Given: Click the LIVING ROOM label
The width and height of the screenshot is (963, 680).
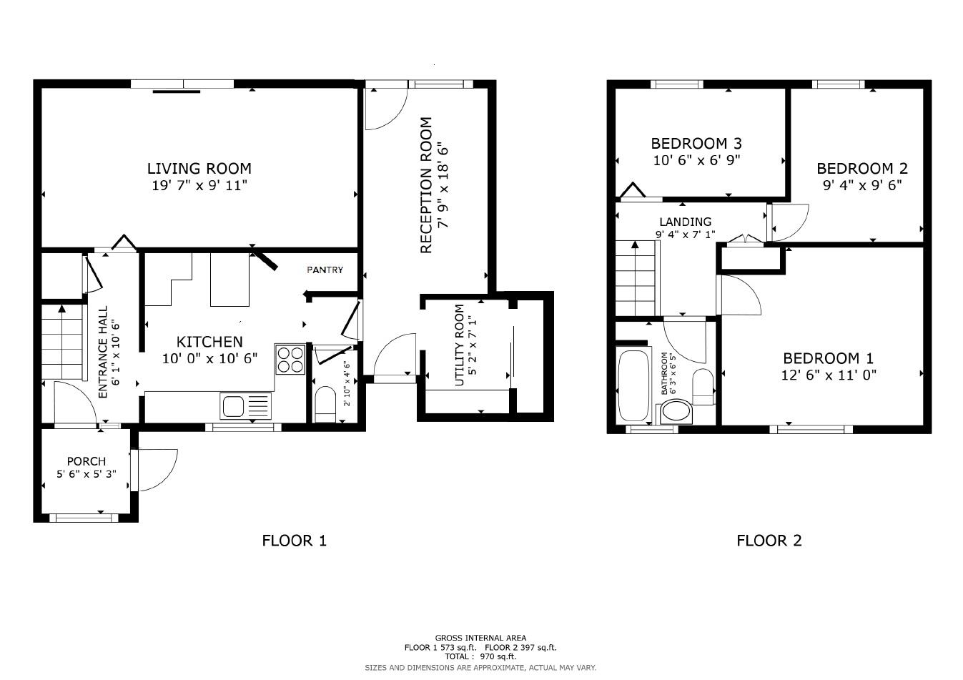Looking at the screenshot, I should [199, 169].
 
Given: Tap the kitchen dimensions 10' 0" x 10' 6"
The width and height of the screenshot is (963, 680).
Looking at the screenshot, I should [209, 358].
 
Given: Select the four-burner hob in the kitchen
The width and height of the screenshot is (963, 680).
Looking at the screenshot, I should [290, 359].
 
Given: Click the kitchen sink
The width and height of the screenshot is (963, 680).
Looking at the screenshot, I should [235, 406].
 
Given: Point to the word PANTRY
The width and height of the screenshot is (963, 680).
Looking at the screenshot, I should [325, 270].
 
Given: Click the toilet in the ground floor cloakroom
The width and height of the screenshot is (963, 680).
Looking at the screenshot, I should [326, 403].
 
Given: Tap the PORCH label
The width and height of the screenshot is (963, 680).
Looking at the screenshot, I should [86, 461].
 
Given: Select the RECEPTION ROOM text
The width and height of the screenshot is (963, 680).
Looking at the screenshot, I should [426, 186].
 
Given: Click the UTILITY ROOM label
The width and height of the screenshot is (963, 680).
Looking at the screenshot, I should [459, 345].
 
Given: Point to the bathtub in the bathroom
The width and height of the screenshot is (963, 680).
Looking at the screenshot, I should [633, 385].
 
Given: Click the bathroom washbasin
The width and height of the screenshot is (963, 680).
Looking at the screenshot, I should [676, 412].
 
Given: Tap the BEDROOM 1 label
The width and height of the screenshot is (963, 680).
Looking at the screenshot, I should [828, 358].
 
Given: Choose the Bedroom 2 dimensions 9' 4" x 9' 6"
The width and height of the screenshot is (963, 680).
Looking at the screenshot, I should [861, 184].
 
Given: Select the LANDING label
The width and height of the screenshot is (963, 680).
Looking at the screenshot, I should [685, 222].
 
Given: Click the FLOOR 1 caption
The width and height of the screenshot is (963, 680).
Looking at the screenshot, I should [294, 541].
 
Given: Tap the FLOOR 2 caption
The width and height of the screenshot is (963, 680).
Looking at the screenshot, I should [769, 541].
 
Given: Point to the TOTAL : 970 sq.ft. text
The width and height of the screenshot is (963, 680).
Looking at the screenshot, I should [480, 656].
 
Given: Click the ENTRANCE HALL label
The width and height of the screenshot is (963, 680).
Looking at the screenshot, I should [103, 352].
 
